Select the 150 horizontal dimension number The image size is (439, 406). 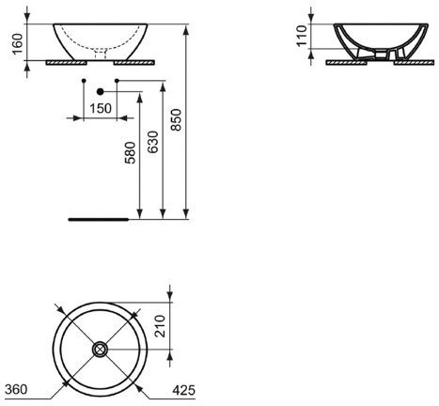coord(102,107)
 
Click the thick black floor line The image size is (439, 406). coord(98,218)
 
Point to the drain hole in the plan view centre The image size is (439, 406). coord(99,350)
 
